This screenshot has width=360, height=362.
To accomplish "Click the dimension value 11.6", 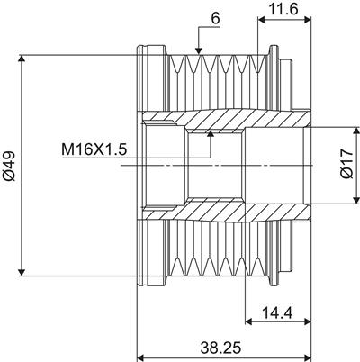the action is (283, 9).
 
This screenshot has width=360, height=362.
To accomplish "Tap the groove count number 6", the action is (215, 18).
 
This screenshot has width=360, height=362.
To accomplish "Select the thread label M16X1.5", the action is (94, 149).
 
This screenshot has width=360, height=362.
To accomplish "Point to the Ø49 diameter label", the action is (10, 166).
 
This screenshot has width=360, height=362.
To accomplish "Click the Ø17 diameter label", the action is (347, 164).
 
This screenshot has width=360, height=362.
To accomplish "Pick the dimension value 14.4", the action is (277, 313).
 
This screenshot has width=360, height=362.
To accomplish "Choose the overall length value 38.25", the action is (220, 348).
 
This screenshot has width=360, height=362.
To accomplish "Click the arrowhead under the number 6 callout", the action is (198, 51).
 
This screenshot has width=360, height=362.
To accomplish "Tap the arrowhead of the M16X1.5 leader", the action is (211, 134).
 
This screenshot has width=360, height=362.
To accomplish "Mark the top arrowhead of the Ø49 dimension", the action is (22, 59).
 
